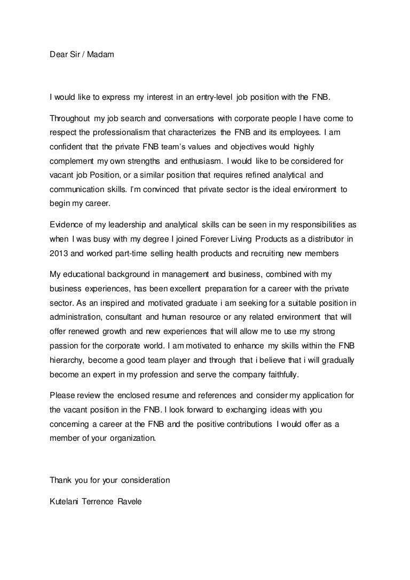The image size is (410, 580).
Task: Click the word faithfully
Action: (x=280, y=375)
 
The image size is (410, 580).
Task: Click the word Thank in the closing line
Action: (x=60, y=480)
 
